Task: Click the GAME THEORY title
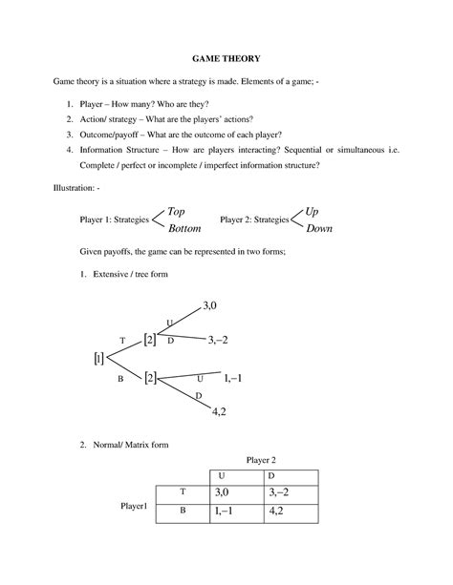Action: (226, 60)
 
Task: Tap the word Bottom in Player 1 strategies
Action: (183, 230)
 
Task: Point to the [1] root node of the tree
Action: (98, 359)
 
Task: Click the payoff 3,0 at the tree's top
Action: (210, 305)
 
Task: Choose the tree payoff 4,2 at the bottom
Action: (218, 411)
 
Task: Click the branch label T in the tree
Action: (122, 340)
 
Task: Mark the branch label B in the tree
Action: (121, 379)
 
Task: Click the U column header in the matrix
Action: (223, 474)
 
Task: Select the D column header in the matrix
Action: (272, 474)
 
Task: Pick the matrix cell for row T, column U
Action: (223, 492)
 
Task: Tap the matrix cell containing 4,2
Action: (277, 511)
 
